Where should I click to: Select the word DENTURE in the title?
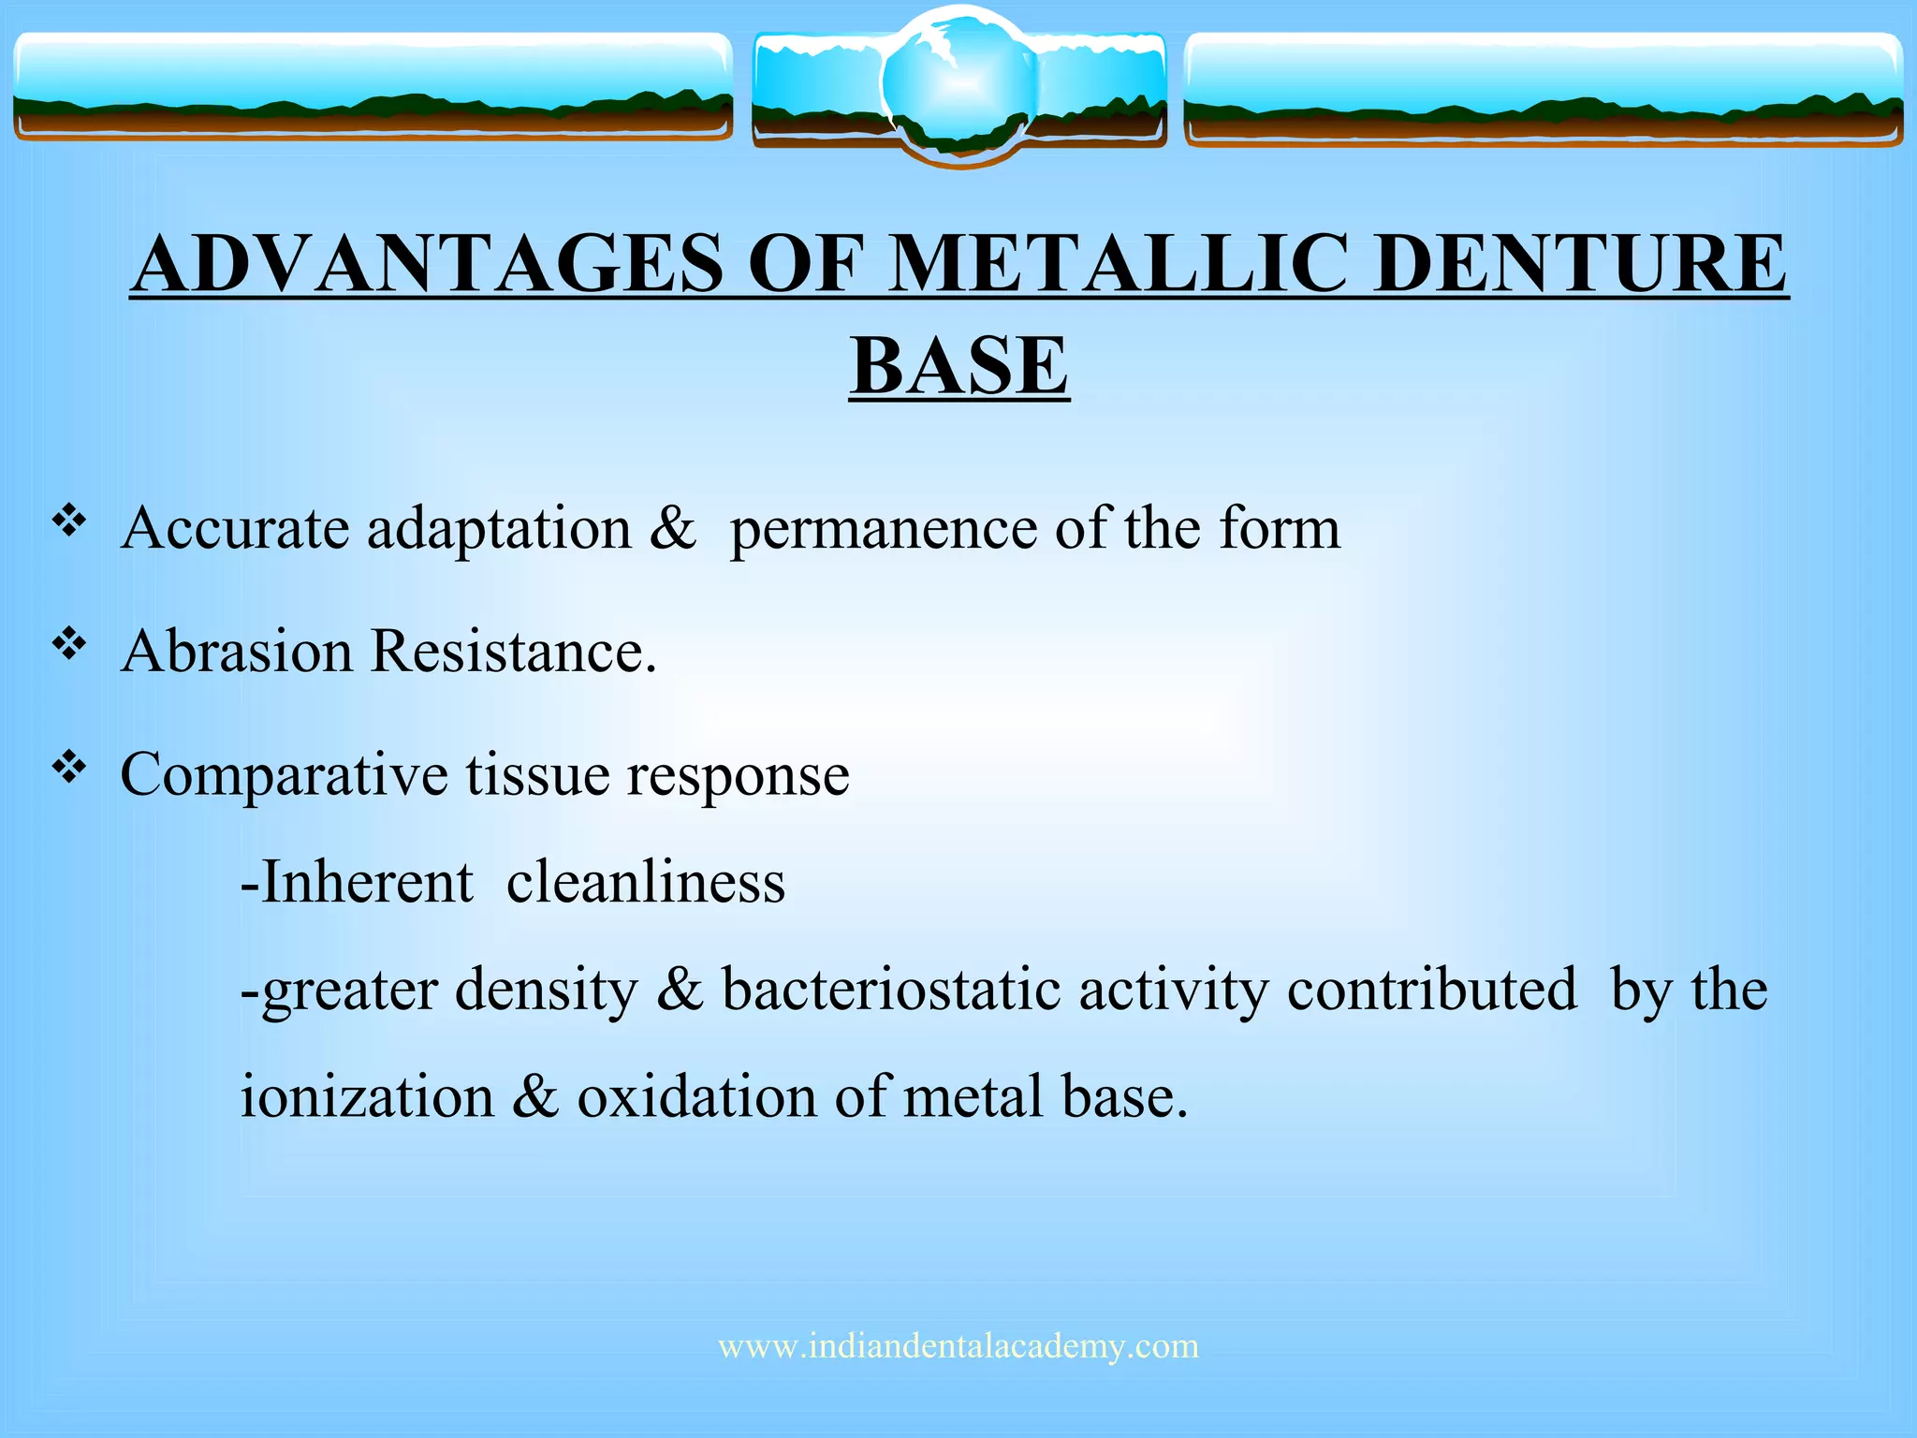(x=1582, y=264)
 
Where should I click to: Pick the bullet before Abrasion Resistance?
(x=69, y=643)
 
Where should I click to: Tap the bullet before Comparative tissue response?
(x=69, y=768)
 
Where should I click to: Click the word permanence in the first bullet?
(x=884, y=529)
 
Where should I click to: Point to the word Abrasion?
(x=236, y=651)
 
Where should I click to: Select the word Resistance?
(x=514, y=651)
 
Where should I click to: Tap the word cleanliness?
(x=645, y=883)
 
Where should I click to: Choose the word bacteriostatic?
(x=890, y=990)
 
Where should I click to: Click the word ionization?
(x=367, y=1096)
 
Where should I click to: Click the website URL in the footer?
(x=958, y=1346)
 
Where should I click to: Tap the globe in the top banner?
(x=958, y=84)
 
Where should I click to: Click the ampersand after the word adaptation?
(x=673, y=529)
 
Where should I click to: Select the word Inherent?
(x=366, y=883)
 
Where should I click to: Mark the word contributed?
(x=1431, y=990)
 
